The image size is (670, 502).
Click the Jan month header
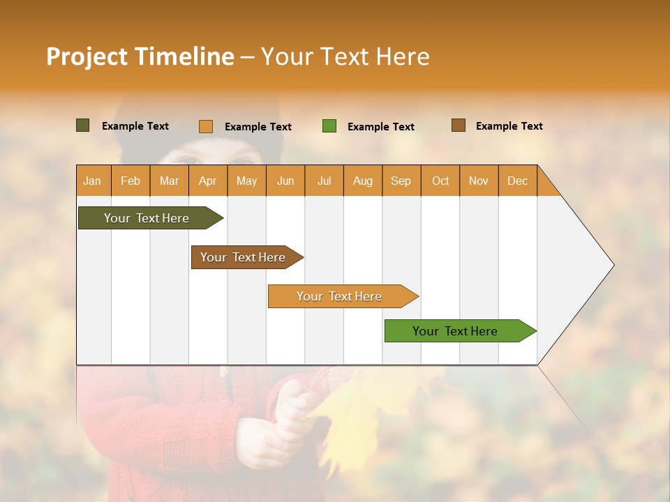pos(92,181)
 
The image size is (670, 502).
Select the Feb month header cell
pos(131,181)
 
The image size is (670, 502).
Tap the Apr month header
pos(207,181)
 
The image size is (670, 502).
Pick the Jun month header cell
pos(285,181)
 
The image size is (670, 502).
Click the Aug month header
pos(362,181)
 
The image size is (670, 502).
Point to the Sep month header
pos(401,181)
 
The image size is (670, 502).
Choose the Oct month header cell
pos(440,181)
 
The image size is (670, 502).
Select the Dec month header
pos(517,181)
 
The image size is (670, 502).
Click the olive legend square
pos(82,125)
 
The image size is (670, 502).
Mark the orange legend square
pos(206,126)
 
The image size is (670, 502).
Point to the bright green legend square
pos(329,126)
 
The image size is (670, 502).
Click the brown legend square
pos(458,125)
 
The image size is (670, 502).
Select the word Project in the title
pos(87,56)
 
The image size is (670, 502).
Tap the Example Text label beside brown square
pos(509,126)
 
